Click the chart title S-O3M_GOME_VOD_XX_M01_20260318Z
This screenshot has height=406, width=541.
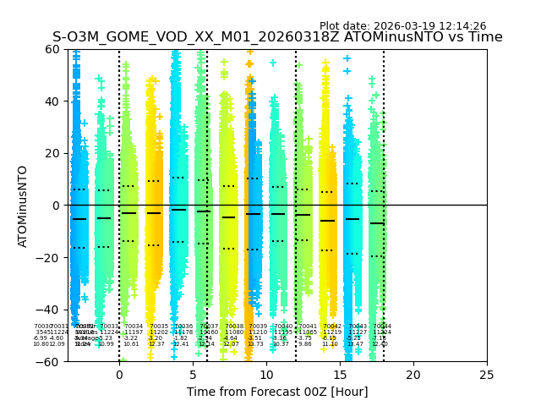pyautogui.click(x=277, y=37)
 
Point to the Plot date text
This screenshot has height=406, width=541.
pyautogui.click(x=402, y=26)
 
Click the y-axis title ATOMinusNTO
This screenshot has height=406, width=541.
pyautogui.click(x=24, y=206)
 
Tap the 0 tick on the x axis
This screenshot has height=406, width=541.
pyautogui.click(x=119, y=374)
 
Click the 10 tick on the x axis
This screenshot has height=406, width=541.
pyautogui.click(x=266, y=374)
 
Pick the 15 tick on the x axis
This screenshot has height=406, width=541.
pyautogui.click(x=340, y=374)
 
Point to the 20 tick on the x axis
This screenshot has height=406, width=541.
pyautogui.click(x=413, y=374)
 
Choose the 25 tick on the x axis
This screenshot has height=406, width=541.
pyautogui.click(x=487, y=374)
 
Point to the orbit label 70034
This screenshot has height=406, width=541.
pyautogui.click(x=134, y=326)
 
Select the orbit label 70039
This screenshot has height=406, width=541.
pyautogui.click(x=258, y=326)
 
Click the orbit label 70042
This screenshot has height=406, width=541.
pyautogui.click(x=332, y=326)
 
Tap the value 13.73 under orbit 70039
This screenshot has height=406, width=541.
pyautogui.click(x=255, y=344)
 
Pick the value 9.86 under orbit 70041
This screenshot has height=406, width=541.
pyautogui.click(x=304, y=344)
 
